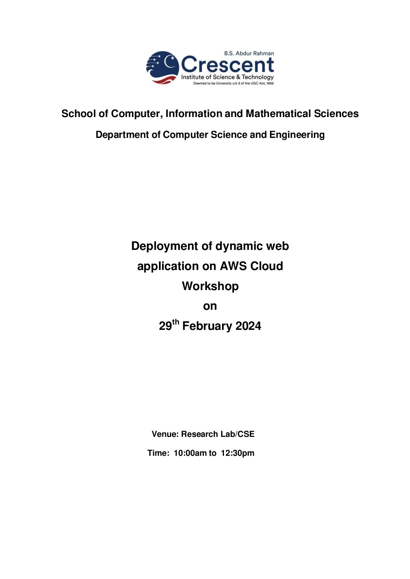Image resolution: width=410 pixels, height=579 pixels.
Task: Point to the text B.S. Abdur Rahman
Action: [x=249, y=53]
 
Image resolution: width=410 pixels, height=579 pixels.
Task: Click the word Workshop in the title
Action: [x=210, y=286]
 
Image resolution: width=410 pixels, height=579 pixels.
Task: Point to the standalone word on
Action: [x=210, y=306]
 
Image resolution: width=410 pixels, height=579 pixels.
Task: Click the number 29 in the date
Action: [x=165, y=326]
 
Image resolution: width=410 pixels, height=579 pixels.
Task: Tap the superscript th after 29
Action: [x=176, y=322]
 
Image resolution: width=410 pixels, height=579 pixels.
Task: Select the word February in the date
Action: [x=207, y=326]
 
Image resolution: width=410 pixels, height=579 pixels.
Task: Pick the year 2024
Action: [x=248, y=326]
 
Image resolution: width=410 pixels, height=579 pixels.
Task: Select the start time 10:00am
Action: [x=190, y=453]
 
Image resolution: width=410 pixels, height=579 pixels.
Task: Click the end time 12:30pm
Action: [x=237, y=453]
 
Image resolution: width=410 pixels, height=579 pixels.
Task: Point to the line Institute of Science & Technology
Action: [x=227, y=77]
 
